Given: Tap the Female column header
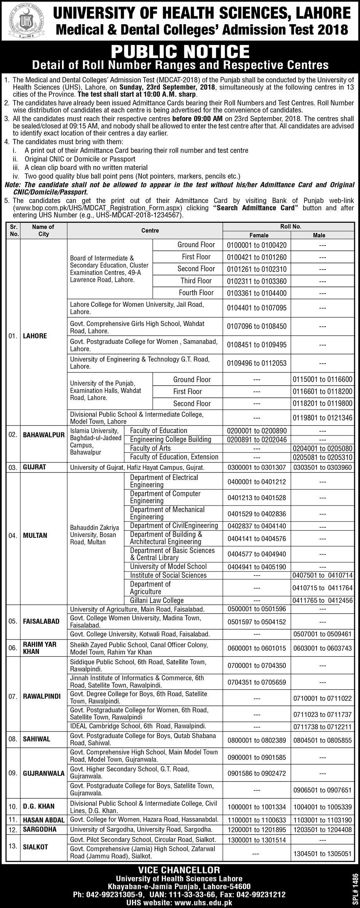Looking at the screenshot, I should pos(259,235).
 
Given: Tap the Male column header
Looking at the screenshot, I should pos(319,235).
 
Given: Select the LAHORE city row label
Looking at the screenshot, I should pos(35,336).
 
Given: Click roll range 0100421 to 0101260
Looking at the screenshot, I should pos(257,257).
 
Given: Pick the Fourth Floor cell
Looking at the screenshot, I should pos(196,293).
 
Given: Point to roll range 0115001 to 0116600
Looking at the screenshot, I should pos(322,380).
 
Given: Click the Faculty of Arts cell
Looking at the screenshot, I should pos(150,448).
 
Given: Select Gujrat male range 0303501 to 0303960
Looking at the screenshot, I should pos(322,468).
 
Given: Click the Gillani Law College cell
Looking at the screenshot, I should pos(157,600).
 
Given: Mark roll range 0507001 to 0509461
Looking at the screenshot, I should pos(322,634).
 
